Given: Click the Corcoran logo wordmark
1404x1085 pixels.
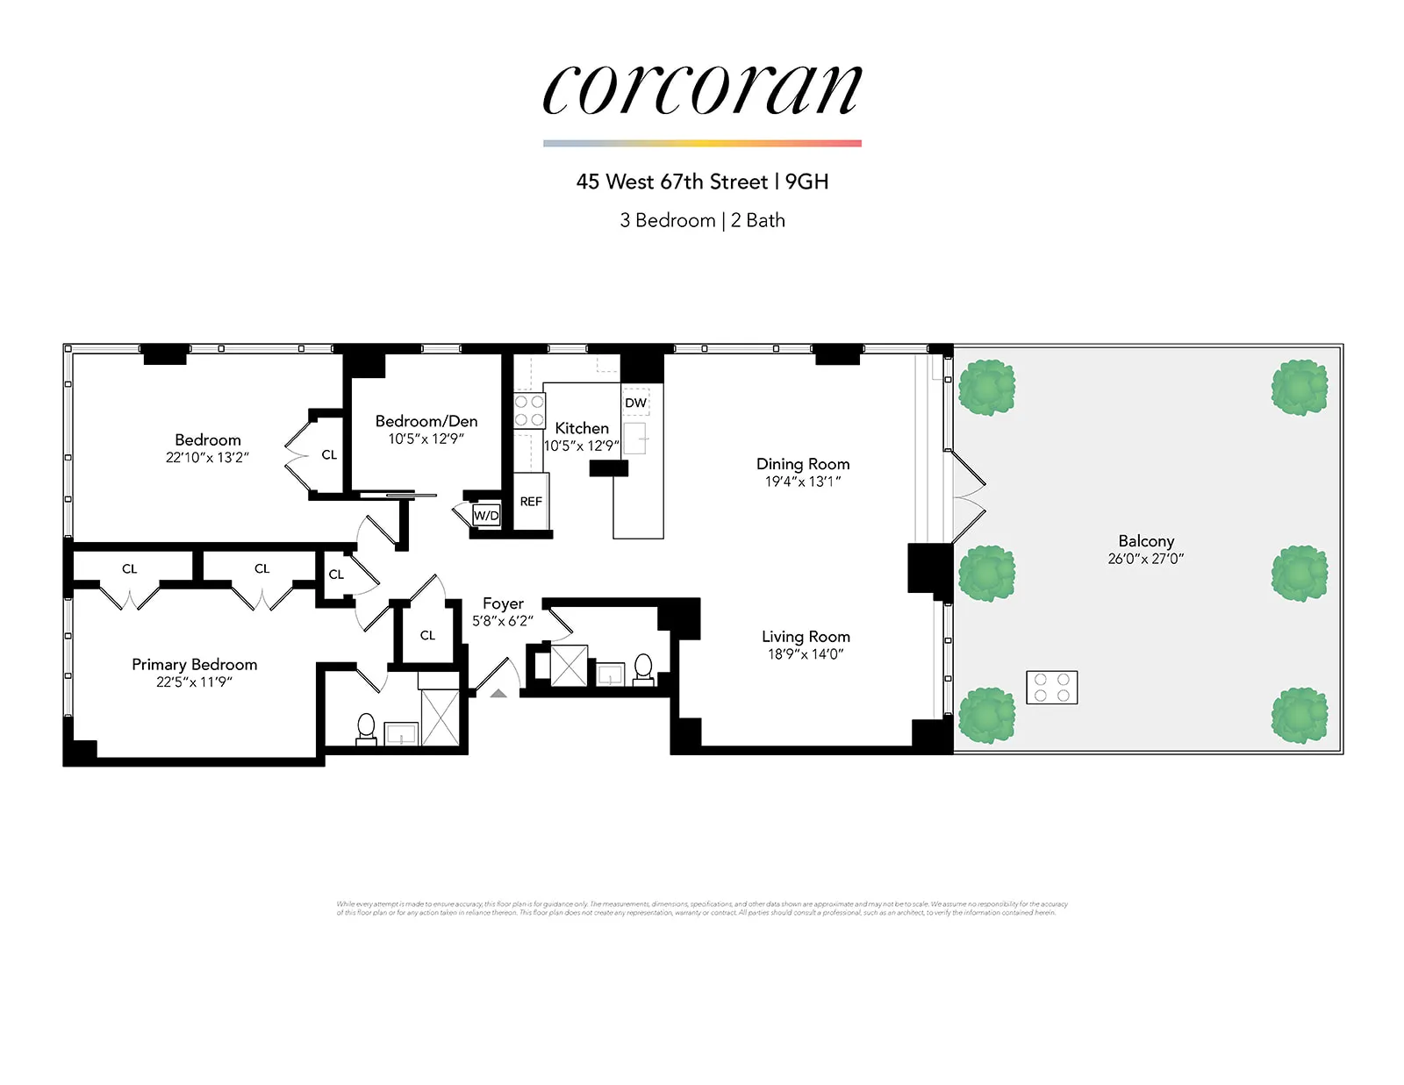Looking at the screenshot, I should tap(702, 89).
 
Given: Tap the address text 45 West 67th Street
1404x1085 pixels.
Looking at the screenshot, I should tap(671, 182).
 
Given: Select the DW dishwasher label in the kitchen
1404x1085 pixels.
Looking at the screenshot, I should tap(635, 403).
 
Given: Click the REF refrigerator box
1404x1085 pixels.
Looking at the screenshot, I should tap(531, 501).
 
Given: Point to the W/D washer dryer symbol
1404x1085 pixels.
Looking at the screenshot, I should tap(486, 515).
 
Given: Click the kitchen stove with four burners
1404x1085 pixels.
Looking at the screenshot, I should tap(529, 410).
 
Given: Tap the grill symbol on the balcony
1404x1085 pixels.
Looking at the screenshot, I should tap(1051, 688).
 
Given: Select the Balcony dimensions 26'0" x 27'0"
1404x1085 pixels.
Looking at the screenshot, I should tap(1145, 559).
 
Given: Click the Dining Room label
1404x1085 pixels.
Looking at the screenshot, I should tap(803, 463).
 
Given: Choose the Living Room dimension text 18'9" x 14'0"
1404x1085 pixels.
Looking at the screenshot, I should tap(806, 654).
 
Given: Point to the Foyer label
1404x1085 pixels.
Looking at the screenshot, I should tap(503, 603).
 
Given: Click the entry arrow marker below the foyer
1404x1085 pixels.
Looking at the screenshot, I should tap(498, 694).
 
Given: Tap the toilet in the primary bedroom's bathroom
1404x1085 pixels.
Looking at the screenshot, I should tap(366, 728).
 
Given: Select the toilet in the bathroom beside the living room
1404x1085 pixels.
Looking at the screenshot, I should tap(643, 667).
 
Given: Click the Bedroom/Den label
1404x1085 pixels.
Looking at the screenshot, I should tap(426, 421).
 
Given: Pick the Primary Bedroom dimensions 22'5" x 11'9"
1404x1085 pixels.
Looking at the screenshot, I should tap(194, 682).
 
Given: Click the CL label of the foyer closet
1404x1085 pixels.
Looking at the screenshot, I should tap(427, 635).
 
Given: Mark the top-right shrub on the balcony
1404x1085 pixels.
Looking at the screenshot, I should tap(1300, 387).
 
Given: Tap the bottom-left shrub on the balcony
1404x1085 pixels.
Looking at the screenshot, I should tap(986, 716).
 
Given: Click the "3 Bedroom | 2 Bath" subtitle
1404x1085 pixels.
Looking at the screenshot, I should tap(702, 220).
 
